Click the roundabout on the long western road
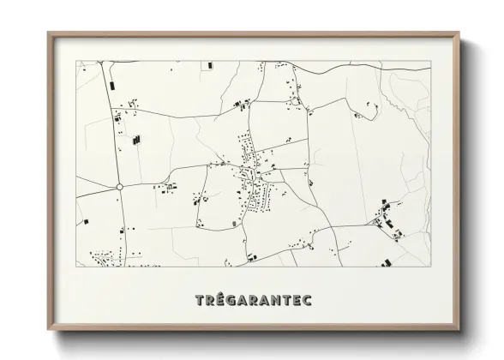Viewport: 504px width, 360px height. coord(120,185)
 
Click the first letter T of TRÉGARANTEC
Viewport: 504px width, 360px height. coord(201,300)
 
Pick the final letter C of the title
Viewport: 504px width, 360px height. coord(307,300)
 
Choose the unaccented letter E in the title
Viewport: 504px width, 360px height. coord(297,300)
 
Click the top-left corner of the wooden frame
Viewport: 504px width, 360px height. coord(48,33)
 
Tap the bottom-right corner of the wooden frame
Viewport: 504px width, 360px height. coord(460,330)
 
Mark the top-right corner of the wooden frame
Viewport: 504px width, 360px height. coord(460,33)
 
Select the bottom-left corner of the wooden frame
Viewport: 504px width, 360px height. coord(48,330)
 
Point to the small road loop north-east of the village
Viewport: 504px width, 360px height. coord(295,101)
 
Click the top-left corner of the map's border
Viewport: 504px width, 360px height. coord(75,61)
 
